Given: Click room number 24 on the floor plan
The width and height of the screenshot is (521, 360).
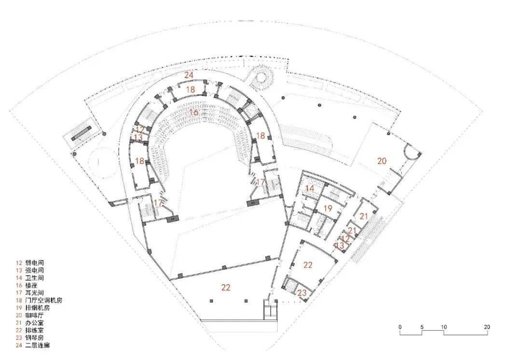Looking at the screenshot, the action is pyautogui.click(x=189, y=75).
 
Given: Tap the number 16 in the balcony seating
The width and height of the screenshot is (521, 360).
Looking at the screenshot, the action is pyautogui.click(x=194, y=112).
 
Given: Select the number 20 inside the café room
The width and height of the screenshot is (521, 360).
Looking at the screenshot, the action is pyautogui.click(x=382, y=161).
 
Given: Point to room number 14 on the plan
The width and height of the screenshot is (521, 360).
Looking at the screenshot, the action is pyautogui.click(x=309, y=189).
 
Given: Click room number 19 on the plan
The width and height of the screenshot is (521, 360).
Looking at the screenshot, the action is pyautogui.click(x=328, y=208).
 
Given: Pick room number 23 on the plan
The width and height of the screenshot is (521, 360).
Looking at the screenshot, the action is pyautogui.click(x=302, y=293).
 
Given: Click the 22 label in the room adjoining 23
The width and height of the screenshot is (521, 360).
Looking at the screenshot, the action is pyautogui.click(x=308, y=265).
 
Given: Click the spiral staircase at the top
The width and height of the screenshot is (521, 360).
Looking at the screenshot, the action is pyautogui.click(x=262, y=77).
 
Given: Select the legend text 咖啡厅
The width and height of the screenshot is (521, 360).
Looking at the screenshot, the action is pyautogui.click(x=34, y=315).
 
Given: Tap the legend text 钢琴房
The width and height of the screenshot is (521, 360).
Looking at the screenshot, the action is pyautogui.click(x=34, y=338).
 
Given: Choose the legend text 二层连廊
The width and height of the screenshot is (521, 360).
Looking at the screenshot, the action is pyautogui.click(x=37, y=346).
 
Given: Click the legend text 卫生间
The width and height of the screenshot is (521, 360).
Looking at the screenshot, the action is pyautogui.click(x=34, y=277).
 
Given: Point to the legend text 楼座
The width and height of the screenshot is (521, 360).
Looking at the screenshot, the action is pyautogui.click(x=31, y=285).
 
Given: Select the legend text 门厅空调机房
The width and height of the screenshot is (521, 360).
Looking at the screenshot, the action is pyautogui.click(x=43, y=300).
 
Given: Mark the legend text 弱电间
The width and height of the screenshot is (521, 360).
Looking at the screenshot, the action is pyautogui.click(x=34, y=263).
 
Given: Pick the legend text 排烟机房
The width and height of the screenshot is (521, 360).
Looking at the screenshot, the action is pyautogui.click(x=37, y=308).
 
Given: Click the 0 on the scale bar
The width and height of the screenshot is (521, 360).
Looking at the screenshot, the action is pyautogui.click(x=400, y=327).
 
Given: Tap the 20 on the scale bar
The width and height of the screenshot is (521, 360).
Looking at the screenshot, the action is pyautogui.click(x=487, y=327).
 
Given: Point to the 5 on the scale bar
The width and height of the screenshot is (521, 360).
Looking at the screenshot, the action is pyautogui.click(x=422, y=327).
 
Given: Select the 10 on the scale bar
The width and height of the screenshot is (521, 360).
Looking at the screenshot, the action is pyautogui.click(x=444, y=327).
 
